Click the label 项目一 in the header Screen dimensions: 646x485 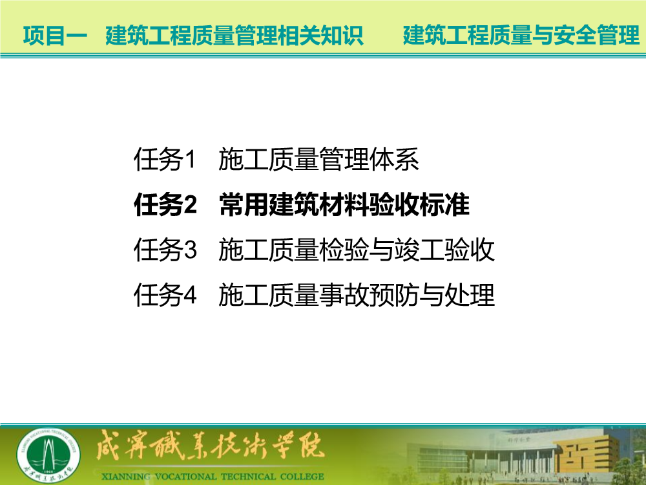[55, 35]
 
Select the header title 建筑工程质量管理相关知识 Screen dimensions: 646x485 [234, 35]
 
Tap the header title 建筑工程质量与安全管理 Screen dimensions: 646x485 [521, 35]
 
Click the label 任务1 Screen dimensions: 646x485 [164, 159]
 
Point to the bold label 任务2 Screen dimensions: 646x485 [165, 204]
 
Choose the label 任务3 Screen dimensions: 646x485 [165, 250]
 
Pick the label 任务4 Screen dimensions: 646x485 [165, 295]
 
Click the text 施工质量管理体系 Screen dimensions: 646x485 [318, 159]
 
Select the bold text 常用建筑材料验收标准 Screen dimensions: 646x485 [344, 204]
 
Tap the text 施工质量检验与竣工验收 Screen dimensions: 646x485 [357, 250]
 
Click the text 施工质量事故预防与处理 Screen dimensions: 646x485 [357, 295]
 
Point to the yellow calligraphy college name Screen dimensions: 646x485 [210, 446]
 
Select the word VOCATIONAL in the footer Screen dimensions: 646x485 [186, 477]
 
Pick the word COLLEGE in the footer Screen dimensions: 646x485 [302, 477]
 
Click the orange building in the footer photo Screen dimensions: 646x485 [585, 454]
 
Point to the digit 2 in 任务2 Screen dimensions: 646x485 [190, 205]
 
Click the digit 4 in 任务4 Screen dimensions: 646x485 [190, 296]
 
